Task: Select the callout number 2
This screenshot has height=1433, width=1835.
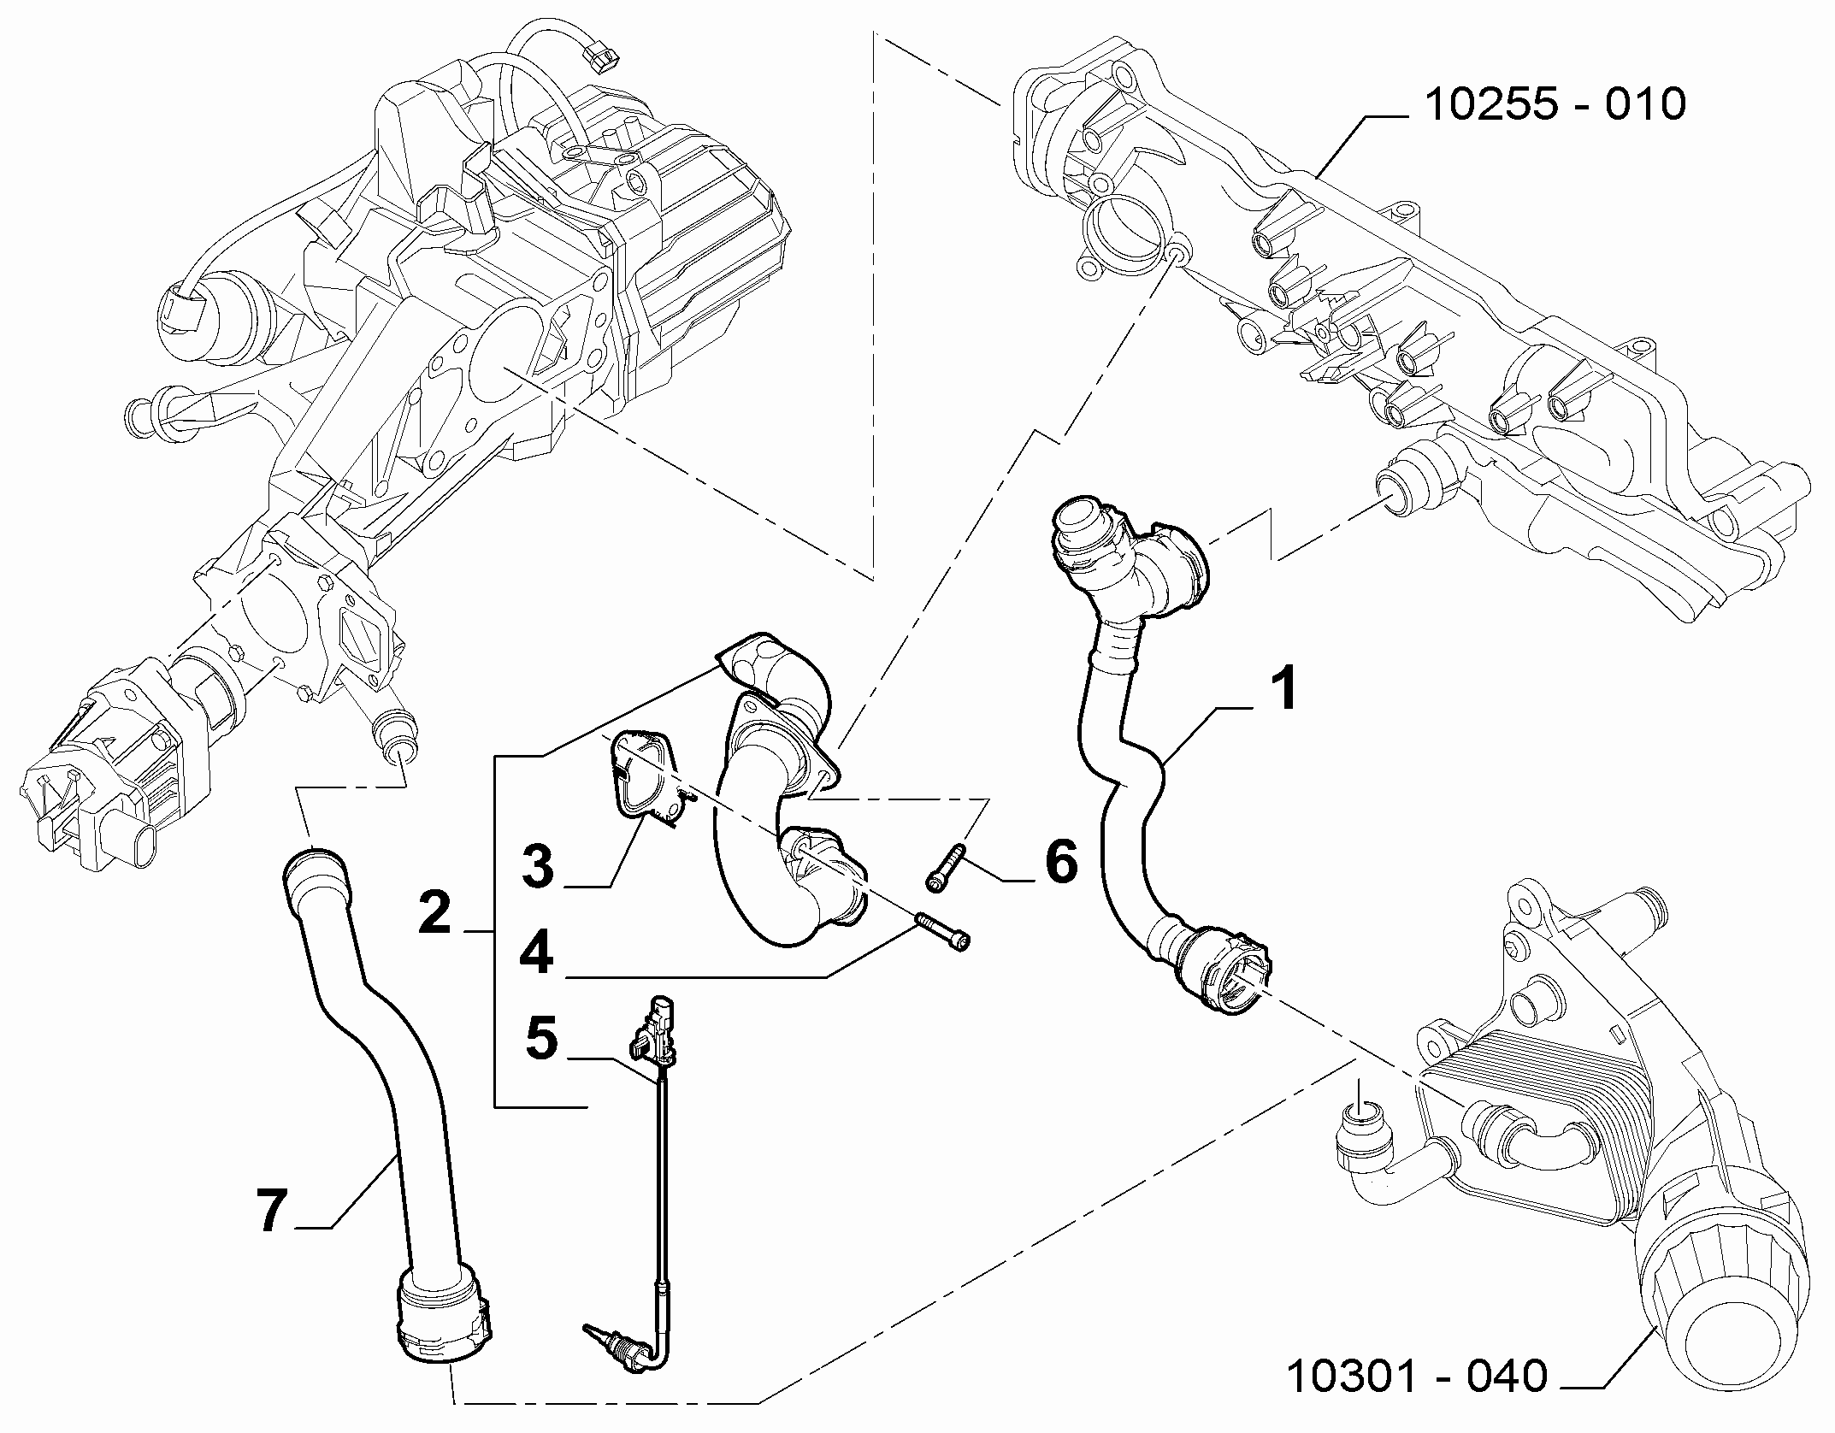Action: click(435, 912)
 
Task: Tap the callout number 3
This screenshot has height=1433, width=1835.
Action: click(539, 865)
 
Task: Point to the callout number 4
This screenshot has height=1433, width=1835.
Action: click(537, 953)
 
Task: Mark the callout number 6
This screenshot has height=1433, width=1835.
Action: click(1061, 861)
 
